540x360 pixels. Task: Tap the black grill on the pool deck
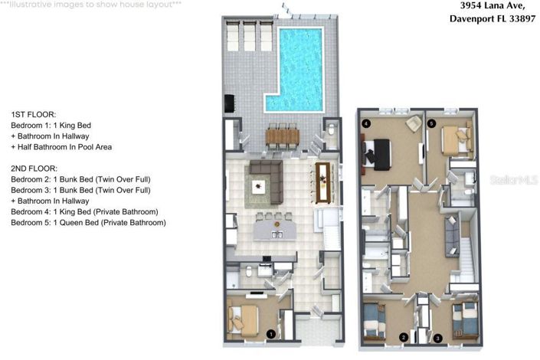pyautogui.click(x=228, y=102)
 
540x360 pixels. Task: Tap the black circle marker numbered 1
pyautogui.click(x=270, y=333)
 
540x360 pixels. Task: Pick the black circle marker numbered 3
pyautogui.click(x=437, y=337)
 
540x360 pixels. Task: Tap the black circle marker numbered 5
pyautogui.click(x=431, y=123)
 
